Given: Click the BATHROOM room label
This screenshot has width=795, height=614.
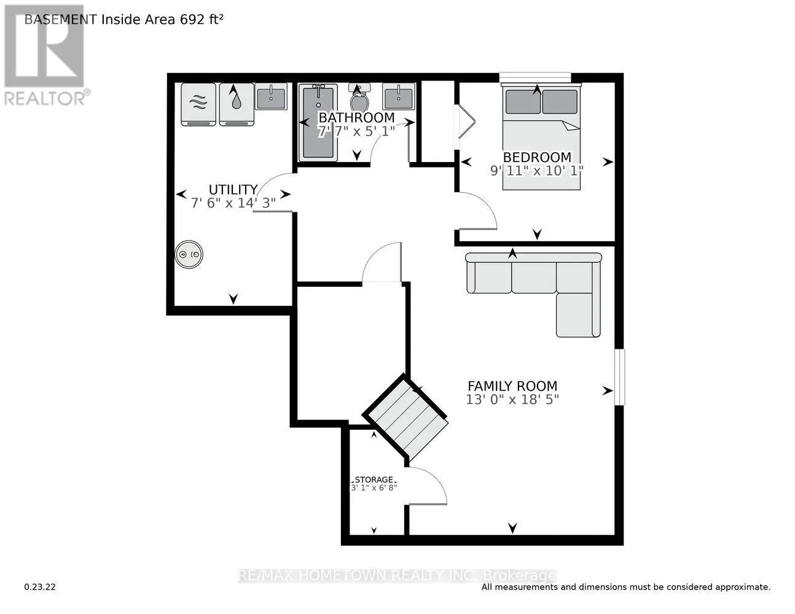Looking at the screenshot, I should [356, 117].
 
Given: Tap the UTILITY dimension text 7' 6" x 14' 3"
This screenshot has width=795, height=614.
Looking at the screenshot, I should [233, 203].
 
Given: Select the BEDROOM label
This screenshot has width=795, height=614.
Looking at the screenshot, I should [537, 157].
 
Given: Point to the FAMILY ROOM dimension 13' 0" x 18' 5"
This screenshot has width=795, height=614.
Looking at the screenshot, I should [512, 400].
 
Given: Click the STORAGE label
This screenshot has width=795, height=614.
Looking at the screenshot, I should [374, 480].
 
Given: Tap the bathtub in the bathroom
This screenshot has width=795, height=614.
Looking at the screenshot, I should [318, 123].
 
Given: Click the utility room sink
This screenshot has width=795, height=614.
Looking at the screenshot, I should [270, 96].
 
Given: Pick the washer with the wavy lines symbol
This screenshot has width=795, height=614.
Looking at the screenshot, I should [198, 104].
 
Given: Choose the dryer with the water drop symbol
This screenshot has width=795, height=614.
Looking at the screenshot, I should [237, 104].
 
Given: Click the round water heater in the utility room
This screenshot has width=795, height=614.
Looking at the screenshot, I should [189, 254].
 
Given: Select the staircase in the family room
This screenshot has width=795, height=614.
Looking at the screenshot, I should [406, 417].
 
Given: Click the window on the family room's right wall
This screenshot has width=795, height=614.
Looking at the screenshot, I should [619, 377].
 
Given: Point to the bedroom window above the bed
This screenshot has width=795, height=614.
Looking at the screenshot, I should [535, 77].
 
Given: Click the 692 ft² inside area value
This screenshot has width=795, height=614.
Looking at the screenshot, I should [201, 19].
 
